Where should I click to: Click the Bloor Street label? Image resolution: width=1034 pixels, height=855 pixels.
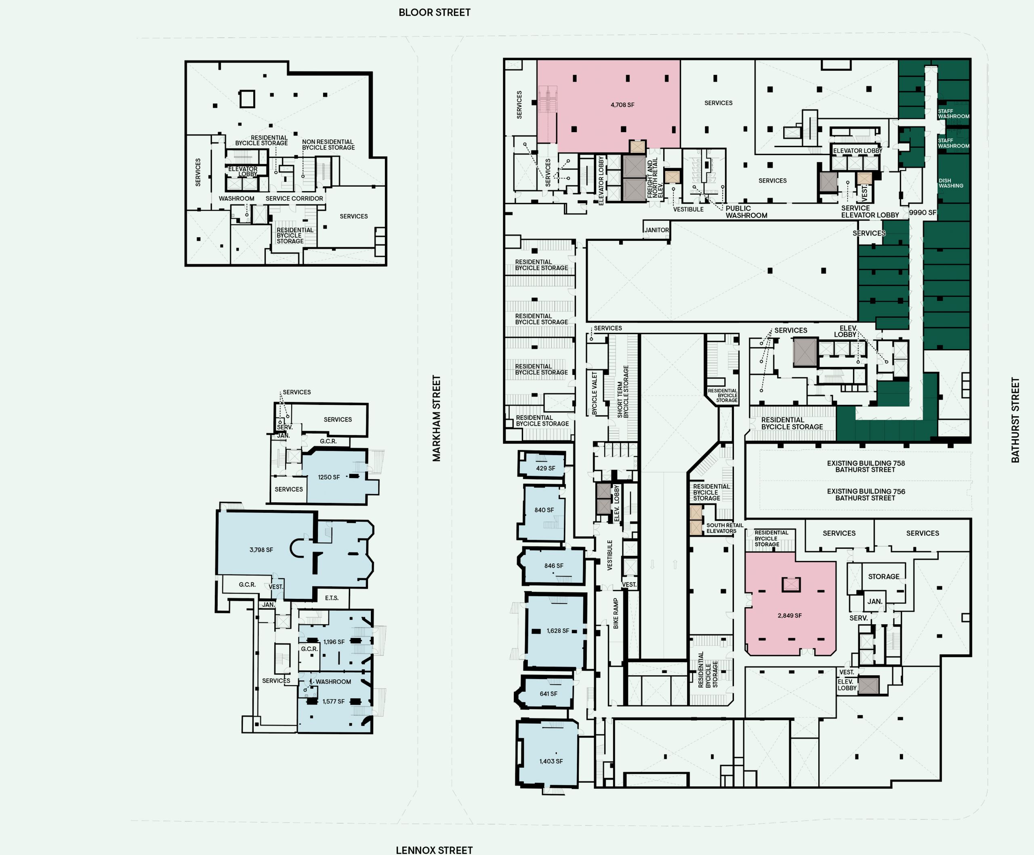pyautogui.click(x=434, y=12)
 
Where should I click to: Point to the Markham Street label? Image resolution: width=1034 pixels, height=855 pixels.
pyautogui.click(x=436, y=419)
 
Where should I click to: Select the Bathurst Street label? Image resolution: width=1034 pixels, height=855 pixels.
pyautogui.click(x=1015, y=420)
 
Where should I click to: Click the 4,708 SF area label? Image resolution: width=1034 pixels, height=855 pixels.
pyautogui.click(x=622, y=105)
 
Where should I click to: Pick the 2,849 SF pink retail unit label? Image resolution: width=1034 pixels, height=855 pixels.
pyautogui.click(x=790, y=616)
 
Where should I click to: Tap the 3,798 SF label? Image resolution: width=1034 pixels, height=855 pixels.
pyautogui.click(x=261, y=550)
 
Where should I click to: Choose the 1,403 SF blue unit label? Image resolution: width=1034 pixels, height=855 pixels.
pyautogui.click(x=551, y=761)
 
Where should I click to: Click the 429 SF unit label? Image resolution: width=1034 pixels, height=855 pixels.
pyautogui.click(x=546, y=468)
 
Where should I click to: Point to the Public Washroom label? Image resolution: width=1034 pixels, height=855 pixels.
pyautogui.click(x=746, y=212)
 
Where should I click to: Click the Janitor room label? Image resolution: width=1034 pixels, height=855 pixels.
pyautogui.click(x=657, y=230)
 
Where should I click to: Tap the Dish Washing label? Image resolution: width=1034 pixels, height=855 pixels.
pyautogui.click(x=951, y=183)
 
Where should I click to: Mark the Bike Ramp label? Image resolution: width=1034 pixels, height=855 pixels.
pyautogui.click(x=616, y=614)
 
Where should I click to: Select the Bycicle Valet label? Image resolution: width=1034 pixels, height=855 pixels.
pyautogui.click(x=594, y=393)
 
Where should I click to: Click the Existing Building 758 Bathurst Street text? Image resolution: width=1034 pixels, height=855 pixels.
pyautogui.click(x=866, y=466)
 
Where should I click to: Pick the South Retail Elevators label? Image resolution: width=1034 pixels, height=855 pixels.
pyautogui.click(x=725, y=528)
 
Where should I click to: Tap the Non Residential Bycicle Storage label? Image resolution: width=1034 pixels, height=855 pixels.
pyautogui.click(x=328, y=145)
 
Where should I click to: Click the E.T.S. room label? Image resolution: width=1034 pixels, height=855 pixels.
pyautogui.click(x=332, y=598)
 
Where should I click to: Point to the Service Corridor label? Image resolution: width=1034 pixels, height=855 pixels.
pyautogui.click(x=294, y=198)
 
